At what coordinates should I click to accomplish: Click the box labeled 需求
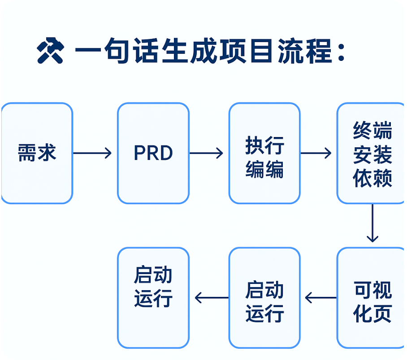37,153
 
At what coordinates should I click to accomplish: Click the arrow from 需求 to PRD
92,153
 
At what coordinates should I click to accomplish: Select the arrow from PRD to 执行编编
206,153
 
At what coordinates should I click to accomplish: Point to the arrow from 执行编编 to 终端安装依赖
316,153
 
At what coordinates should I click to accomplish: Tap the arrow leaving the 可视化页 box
320,297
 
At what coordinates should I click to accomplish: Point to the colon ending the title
341,53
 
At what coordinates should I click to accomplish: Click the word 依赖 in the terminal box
372,178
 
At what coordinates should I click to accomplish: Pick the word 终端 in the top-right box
372,131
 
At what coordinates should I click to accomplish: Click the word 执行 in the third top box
264,146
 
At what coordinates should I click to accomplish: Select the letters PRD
153,153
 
